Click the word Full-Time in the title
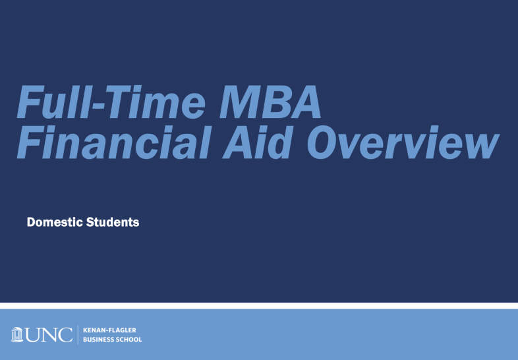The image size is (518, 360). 111,102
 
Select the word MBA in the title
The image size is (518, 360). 270,102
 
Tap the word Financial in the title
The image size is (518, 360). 114,143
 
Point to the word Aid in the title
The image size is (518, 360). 253,143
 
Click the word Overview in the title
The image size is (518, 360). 403,143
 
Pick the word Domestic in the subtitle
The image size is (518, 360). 55,222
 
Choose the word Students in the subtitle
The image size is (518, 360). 113,222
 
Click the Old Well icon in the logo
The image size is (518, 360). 17,335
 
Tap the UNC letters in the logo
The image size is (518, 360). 49,335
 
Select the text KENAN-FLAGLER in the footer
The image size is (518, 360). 109,330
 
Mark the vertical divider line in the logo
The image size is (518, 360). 78,334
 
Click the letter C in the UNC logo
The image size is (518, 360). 65,335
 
